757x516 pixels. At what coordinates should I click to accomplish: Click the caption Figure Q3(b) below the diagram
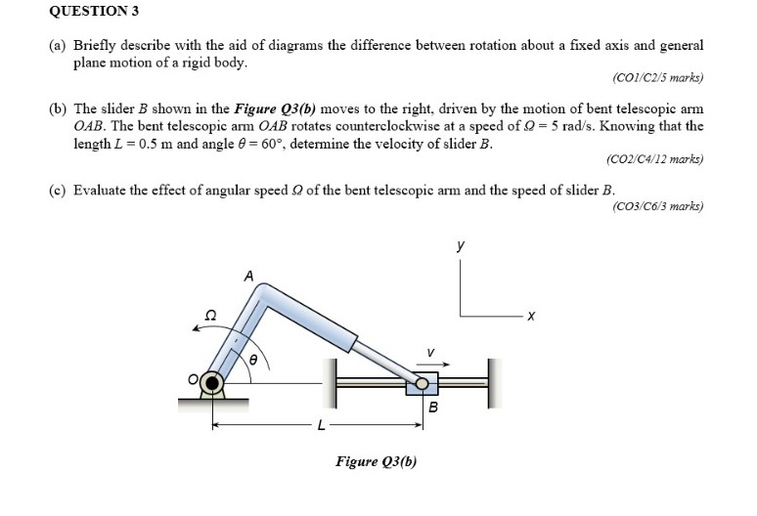point(376,461)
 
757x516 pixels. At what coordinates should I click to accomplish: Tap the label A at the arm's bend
point(249,278)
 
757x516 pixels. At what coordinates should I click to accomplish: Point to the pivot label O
point(194,378)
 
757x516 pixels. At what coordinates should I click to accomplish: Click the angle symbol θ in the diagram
point(256,361)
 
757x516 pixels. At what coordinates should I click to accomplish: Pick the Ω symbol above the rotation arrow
point(207,314)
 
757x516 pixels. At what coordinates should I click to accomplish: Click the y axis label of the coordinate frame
point(461,248)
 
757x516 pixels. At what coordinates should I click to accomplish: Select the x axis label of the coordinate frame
point(530,316)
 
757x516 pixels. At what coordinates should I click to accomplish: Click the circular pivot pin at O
point(211,383)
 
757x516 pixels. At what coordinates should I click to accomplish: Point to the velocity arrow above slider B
point(429,365)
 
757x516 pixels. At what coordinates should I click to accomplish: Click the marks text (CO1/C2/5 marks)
point(656,77)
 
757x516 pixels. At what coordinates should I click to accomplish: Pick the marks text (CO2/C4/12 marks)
point(654,158)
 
